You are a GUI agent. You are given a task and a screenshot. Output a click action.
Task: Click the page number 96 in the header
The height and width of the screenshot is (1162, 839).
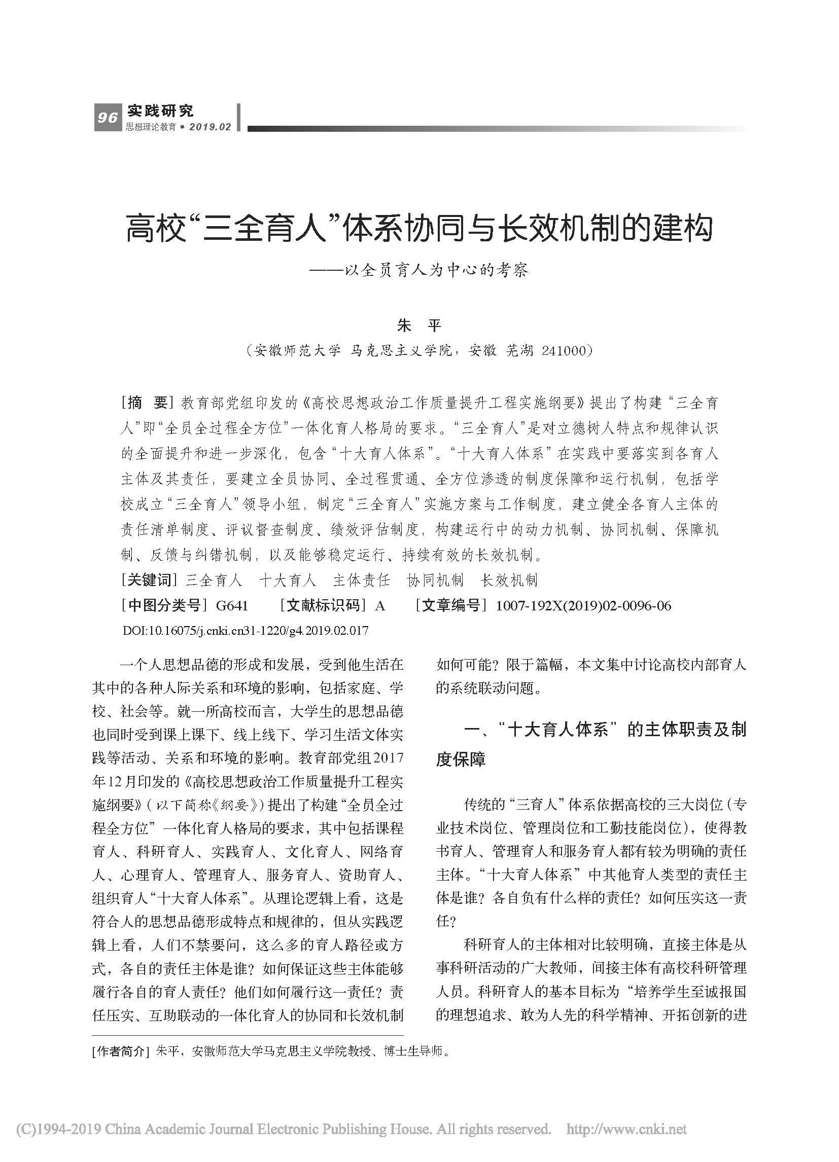coord(107,118)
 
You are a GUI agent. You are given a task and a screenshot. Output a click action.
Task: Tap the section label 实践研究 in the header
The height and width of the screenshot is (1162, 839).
coord(160,110)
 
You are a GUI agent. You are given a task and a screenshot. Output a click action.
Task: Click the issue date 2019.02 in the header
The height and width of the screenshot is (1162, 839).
coord(210,127)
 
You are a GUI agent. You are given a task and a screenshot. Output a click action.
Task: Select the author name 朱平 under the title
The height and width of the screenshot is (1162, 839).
coord(419,325)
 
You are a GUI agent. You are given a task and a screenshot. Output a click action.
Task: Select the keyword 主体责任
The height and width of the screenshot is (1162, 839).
coord(361,580)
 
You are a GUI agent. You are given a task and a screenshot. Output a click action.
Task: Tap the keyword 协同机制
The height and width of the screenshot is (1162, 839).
coord(435,580)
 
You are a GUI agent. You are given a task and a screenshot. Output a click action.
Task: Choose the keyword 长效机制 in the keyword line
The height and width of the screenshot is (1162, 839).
coord(509,580)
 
